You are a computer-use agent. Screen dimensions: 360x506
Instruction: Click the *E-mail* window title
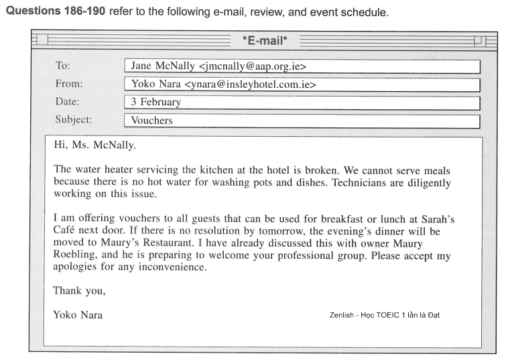coord(265,42)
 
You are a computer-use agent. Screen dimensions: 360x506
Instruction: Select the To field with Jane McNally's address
coord(302,67)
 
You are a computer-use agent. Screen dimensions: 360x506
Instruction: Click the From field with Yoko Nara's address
coord(302,85)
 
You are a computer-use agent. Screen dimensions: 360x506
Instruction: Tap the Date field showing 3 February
coord(302,103)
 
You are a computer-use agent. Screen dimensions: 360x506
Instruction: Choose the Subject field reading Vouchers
coord(302,121)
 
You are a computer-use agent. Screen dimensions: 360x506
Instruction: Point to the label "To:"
coord(63,66)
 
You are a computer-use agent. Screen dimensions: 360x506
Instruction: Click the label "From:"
coord(69,84)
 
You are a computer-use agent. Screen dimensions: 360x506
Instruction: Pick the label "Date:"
coord(68,102)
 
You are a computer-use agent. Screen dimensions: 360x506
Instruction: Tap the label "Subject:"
coord(74,121)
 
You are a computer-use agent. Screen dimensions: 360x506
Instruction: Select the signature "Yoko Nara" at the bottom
coord(78,314)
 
